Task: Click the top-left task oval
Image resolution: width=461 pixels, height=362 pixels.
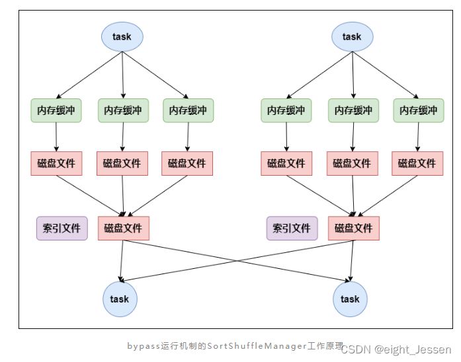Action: (x=122, y=37)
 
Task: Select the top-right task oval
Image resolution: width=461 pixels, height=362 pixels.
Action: (x=353, y=37)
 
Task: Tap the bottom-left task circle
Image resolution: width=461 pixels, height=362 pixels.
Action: (x=120, y=299)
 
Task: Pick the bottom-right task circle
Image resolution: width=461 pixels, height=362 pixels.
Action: (x=350, y=299)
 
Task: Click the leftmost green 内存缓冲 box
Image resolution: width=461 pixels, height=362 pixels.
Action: (x=56, y=110)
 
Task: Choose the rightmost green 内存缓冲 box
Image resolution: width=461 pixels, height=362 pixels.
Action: (x=419, y=110)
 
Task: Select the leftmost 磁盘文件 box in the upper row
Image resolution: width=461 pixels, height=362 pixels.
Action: (x=56, y=163)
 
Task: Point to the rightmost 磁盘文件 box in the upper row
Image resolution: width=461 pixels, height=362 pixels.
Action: (x=417, y=163)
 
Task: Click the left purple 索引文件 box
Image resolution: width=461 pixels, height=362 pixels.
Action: (x=62, y=229)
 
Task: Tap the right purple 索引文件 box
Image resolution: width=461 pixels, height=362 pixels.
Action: (x=292, y=229)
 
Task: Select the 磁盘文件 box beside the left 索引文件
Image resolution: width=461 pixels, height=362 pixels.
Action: (x=124, y=229)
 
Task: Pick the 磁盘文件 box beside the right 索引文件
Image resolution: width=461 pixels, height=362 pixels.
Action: (x=354, y=229)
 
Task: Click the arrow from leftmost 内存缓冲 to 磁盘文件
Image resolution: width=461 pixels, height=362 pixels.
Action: (x=56, y=137)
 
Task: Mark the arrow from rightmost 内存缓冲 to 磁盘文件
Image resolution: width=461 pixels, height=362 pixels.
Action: (x=418, y=137)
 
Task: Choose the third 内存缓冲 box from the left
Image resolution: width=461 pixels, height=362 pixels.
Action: (x=189, y=110)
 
